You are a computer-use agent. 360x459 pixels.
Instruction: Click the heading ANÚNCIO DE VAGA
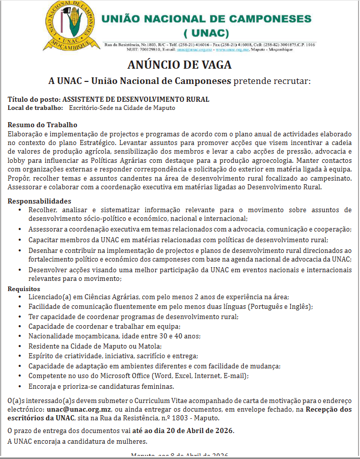tap(179, 65)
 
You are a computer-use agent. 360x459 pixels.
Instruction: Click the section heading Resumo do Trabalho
tap(42, 125)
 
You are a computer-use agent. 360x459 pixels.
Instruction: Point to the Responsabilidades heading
tap(39, 202)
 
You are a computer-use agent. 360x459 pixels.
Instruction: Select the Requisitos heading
tap(24, 289)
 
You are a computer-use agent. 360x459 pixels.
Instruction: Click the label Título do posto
tap(34, 99)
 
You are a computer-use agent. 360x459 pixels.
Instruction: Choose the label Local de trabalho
tap(35, 107)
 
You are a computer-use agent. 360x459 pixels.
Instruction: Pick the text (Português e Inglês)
tap(281, 306)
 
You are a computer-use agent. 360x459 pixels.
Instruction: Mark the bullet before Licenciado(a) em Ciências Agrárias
tap(19, 297)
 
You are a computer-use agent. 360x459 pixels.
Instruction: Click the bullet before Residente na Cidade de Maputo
tap(19, 346)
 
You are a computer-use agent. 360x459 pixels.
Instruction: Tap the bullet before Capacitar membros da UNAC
tap(19, 240)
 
